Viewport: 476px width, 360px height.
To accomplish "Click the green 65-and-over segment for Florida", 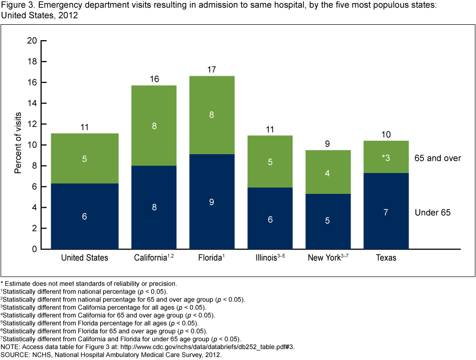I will pyautogui.click(x=212, y=115).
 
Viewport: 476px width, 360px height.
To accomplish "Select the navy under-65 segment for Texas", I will pyautogui.click(x=387, y=211).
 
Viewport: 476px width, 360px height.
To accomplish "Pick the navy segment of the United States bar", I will pyautogui.click(x=84, y=217).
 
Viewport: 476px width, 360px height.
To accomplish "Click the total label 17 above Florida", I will pyautogui.click(x=212, y=69).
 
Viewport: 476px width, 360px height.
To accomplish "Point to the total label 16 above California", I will pyautogui.click(x=154, y=79).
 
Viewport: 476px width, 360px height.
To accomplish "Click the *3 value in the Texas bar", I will pyautogui.click(x=387, y=158).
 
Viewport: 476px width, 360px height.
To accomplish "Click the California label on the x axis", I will pyautogui.click(x=151, y=258).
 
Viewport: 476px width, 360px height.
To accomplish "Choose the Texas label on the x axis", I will pyautogui.click(x=387, y=258).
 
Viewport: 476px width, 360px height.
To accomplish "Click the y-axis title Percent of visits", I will pyautogui.click(x=18, y=145).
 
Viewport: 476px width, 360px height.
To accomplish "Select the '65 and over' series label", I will pyautogui.click(x=438, y=158).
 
